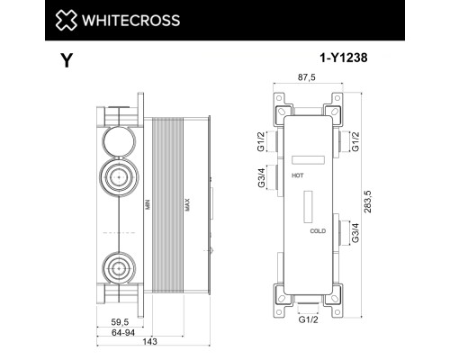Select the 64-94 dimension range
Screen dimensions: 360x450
coord(112,330)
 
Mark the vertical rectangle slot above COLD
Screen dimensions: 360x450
coord(310,206)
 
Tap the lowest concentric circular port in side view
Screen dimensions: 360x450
coord(118,266)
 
